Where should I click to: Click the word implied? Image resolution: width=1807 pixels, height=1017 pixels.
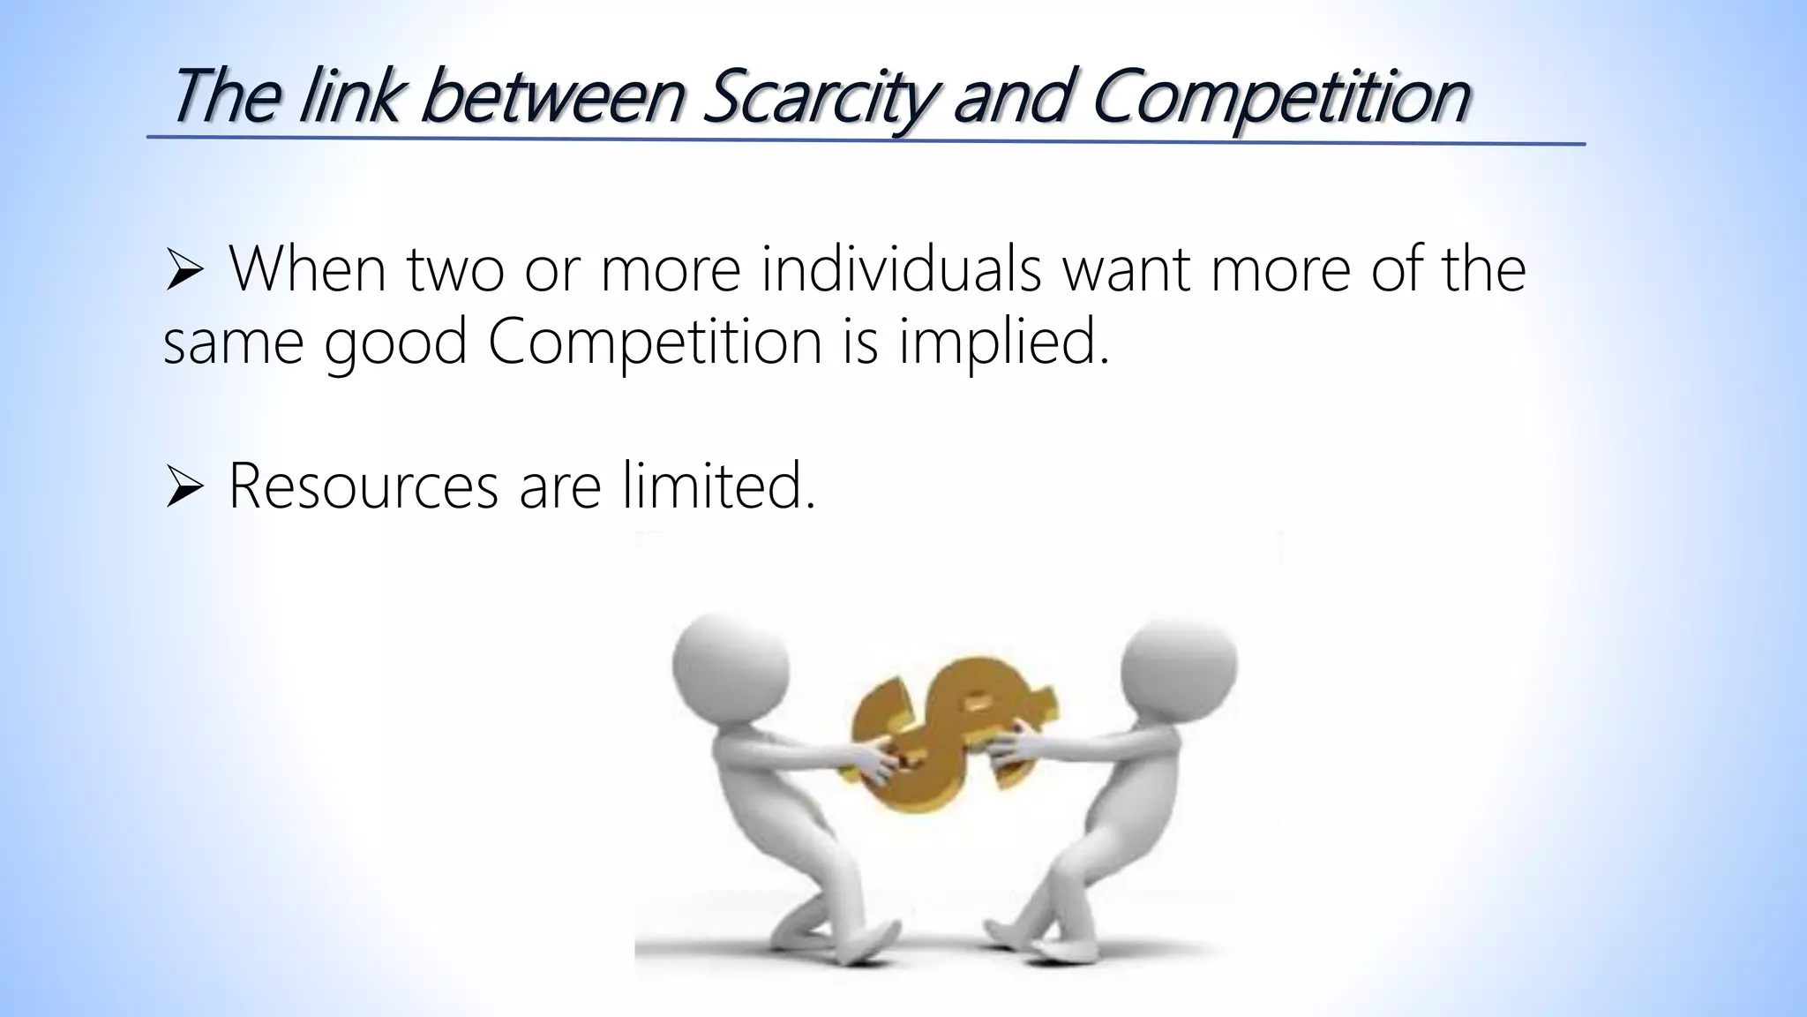pos(1003,343)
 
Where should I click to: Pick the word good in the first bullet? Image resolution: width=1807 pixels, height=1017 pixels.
pos(395,344)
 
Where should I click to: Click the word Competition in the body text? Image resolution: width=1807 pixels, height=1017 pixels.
pos(655,343)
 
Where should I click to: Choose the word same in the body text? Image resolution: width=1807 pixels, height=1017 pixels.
pos(234,344)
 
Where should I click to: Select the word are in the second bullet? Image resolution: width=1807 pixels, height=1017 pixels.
pos(560,487)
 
